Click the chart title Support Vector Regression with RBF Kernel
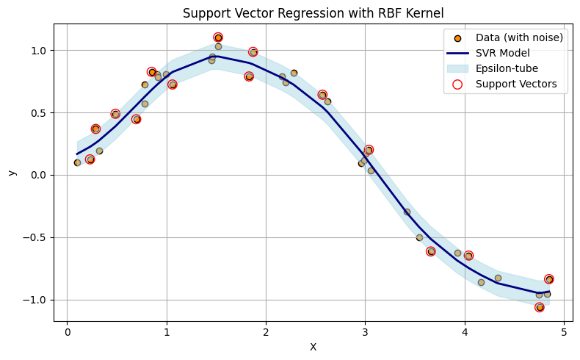point(313,12)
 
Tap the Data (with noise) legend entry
point(519,37)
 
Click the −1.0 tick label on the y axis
point(37,300)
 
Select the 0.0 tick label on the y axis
point(40,175)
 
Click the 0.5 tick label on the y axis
point(40,113)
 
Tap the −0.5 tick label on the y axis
point(37,237)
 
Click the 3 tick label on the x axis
point(365,332)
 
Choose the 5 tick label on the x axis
point(564,332)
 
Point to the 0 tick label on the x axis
point(67,332)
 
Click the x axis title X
point(313,347)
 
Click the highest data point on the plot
point(218,37)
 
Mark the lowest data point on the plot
point(540,307)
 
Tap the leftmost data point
point(77,162)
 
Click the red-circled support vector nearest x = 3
point(369,150)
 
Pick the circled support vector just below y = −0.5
point(431,251)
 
